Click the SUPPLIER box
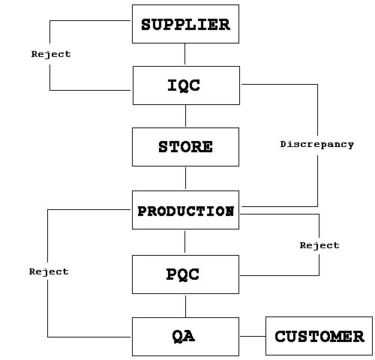185,24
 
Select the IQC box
186,85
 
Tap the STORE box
185,147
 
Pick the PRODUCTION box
185,210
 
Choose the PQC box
185,274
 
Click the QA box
185,337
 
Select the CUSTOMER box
319,336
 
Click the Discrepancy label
317,145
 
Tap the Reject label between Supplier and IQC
51,54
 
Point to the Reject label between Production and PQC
319,245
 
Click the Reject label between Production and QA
49,271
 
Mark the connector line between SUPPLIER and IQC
184,54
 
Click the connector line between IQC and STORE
185,115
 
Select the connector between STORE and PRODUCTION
185,178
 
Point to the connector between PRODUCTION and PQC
184,241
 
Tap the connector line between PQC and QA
185,306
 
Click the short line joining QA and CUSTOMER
253,336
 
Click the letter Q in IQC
184,85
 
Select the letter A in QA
189,336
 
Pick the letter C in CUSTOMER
280,336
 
